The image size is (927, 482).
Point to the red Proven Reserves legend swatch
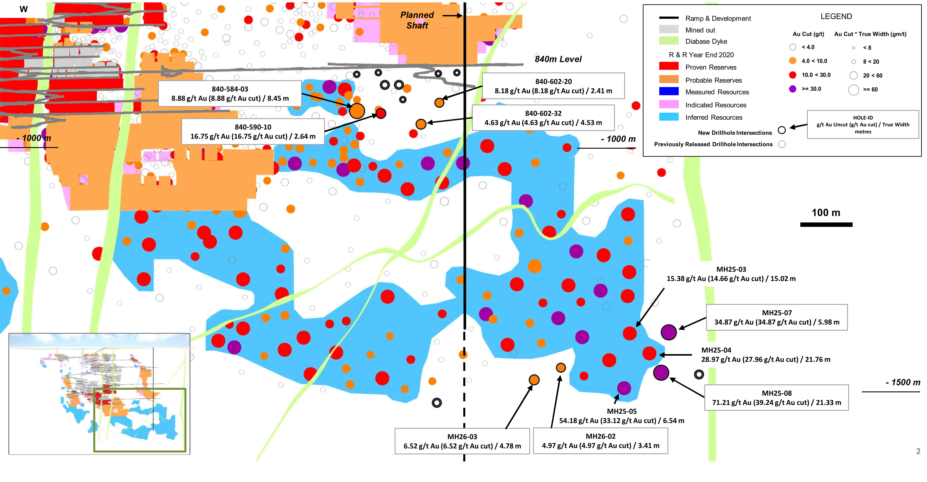(x=669, y=66)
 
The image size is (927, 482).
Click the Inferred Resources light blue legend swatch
(x=669, y=117)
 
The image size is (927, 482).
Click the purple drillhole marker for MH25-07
(x=669, y=332)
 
